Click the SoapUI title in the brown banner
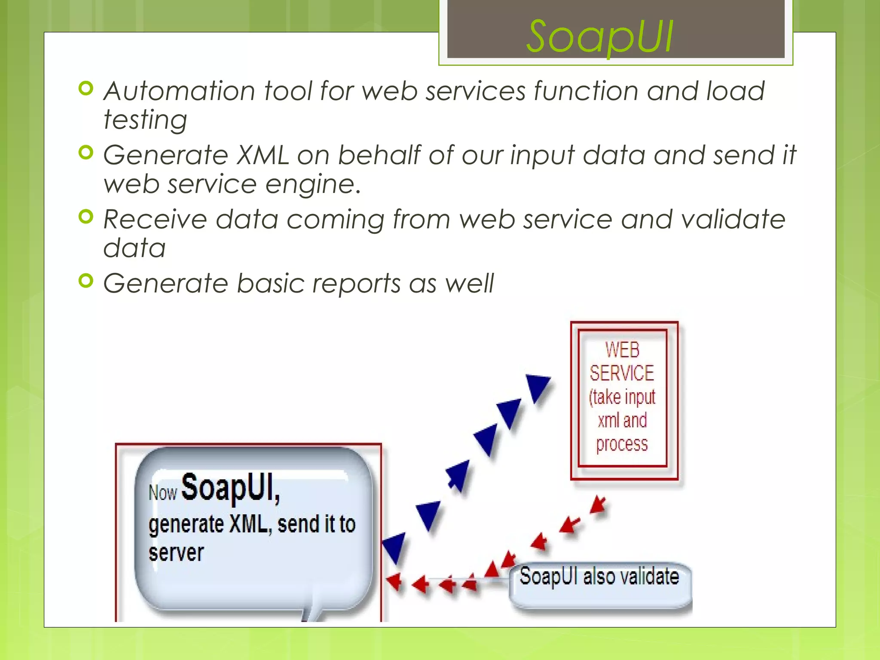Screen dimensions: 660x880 (600, 38)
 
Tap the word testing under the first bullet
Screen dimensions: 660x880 (145, 119)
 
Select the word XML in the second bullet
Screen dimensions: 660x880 (263, 155)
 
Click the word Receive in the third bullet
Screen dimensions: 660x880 (155, 219)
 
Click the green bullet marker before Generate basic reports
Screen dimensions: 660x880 (86, 281)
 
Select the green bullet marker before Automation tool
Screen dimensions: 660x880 (86, 89)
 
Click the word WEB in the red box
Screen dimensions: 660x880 (622, 350)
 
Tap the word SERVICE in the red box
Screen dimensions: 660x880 (622, 373)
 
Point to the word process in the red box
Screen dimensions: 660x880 (622, 444)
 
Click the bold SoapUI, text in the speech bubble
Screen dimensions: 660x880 (231, 488)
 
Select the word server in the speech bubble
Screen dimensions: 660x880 (176, 553)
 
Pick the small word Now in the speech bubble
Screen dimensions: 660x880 (163, 493)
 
